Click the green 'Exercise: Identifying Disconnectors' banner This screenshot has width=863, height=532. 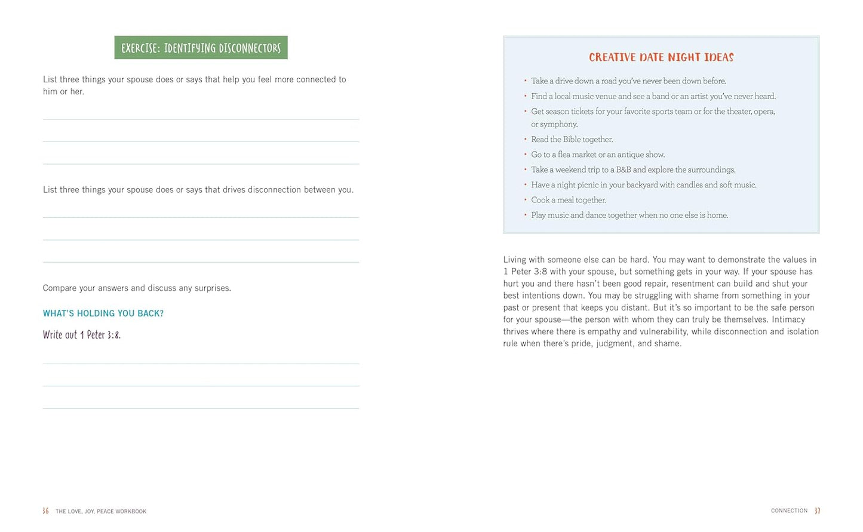click(201, 48)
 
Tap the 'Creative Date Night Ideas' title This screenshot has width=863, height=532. click(661, 57)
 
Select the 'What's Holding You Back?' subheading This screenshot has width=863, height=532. click(103, 313)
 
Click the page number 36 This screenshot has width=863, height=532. click(45, 511)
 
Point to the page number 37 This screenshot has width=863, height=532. click(818, 511)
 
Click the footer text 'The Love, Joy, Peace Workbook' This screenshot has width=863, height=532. click(101, 512)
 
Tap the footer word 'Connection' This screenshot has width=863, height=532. click(789, 511)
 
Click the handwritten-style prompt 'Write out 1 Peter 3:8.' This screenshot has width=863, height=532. click(82, 335)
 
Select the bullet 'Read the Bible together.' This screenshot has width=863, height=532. click(572, 139)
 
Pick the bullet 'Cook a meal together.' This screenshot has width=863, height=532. click(569, 200)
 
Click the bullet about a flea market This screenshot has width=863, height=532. click(598, 155)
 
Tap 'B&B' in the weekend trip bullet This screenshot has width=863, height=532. click(624, 170)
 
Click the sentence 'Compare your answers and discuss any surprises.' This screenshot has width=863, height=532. click(137, 288)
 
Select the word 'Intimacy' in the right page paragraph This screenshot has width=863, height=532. click(788, 319)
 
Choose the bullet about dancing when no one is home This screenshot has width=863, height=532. click(629, 215)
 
